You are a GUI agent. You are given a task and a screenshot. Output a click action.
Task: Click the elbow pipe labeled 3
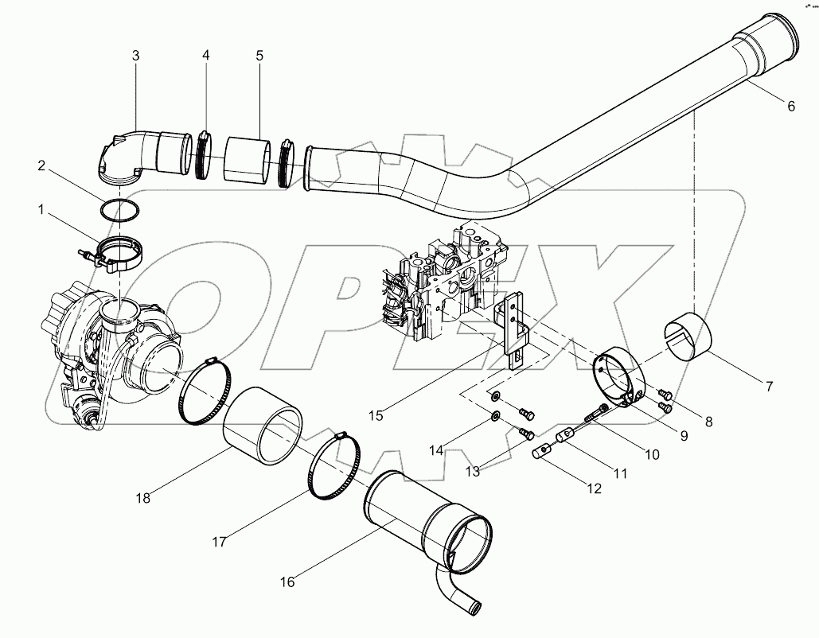pyautogui.click(x=127, y=155)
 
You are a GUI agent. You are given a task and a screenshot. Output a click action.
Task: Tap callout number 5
pyautogui.click(x=259, y=56)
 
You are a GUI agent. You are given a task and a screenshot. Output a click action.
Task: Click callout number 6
pyautogui.click(x=790, y=107)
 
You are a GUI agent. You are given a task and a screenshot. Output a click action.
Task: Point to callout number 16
pyautogui.click(x=287, y=582)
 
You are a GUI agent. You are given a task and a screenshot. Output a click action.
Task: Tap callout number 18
pyautogui.click(x=142, y=498)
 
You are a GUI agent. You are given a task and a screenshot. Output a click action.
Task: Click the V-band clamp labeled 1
pyautogui.click(x=119, y=253)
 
